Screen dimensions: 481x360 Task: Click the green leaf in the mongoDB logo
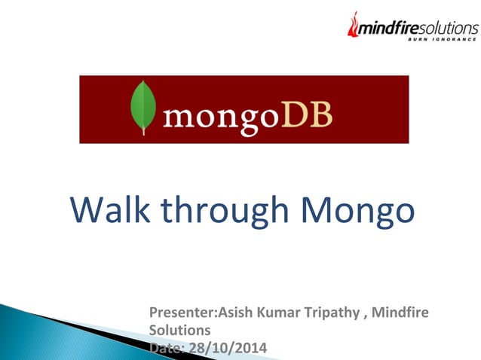(143, 105)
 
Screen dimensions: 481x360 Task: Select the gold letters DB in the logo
(307, 114)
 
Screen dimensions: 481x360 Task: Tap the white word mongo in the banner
(222, 119)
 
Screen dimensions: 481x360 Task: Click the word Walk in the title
(110, 209)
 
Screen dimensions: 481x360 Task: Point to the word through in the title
(225, 212)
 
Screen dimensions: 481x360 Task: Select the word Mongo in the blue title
(358, 212)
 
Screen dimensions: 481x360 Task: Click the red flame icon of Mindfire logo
(353, 25)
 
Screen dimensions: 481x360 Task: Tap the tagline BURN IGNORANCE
(442, 39)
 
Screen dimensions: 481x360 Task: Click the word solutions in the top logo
(449, 28)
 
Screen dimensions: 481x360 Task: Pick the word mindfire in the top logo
(389, 28)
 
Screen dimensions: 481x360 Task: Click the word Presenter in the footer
(183, 313)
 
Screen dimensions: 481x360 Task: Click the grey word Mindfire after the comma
(400, 313)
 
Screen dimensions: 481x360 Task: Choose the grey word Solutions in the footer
(179, 331)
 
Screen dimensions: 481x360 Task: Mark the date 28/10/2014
(228, 349)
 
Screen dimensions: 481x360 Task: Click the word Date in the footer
(167, 349)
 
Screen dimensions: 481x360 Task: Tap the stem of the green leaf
(143, 132)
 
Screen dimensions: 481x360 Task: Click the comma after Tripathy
(365, 318)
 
